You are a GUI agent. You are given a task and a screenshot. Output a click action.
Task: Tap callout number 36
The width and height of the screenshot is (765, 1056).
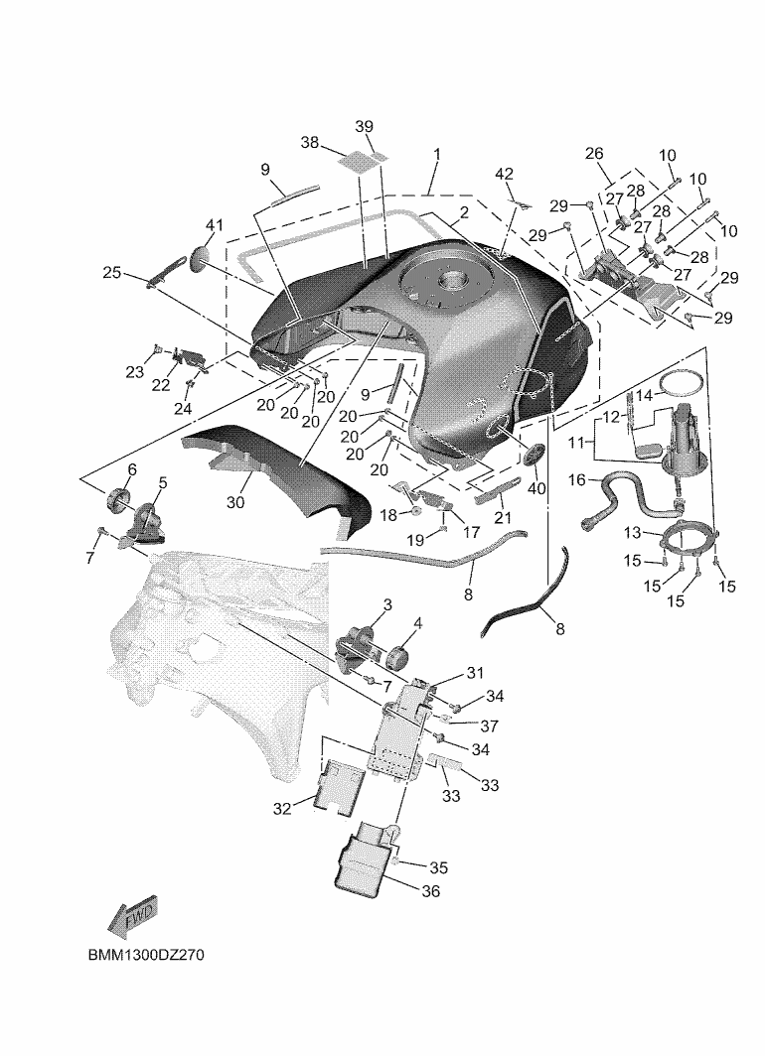tap(430, 891)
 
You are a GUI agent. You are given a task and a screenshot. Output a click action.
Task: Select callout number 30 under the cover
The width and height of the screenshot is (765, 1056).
tap(234, 502)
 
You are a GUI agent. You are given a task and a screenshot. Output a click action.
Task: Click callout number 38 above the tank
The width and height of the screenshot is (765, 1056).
tap(309, 143)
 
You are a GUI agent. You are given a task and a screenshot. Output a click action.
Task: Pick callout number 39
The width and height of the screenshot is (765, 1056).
tap(365, 126)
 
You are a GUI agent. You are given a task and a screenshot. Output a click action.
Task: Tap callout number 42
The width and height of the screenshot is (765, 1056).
tap(505, 174)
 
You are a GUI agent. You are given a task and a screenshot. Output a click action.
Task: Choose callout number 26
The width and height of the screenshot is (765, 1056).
tap(594, 154)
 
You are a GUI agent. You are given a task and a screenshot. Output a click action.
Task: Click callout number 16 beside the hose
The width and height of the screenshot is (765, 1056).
tap(576, 480)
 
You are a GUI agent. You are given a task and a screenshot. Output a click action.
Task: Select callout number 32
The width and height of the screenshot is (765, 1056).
tap(282, 809)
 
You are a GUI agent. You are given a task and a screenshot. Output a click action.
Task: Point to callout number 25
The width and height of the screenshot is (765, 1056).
tap(111, 271)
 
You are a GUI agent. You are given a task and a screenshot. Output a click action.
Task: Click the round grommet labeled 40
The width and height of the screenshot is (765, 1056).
tap(532, 456)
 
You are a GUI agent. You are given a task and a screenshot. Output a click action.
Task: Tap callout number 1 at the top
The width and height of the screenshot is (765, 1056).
tap(436, 155)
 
